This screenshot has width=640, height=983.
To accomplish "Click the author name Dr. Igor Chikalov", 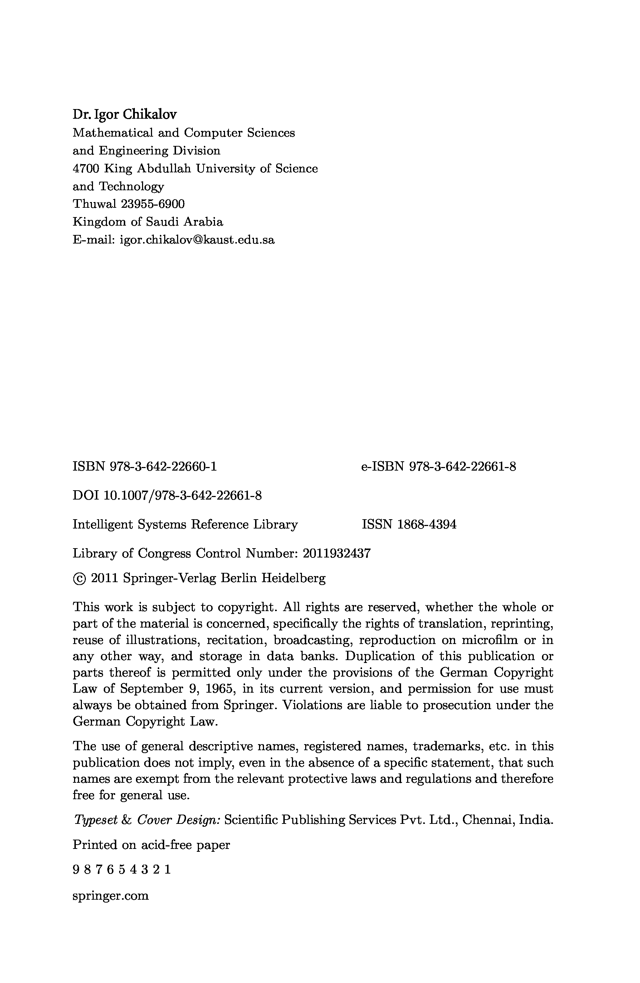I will click(x=124, y=114).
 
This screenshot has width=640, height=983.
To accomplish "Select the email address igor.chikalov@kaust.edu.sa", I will click(x=197, y=240).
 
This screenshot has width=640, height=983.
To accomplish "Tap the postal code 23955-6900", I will click(x=153, y=204).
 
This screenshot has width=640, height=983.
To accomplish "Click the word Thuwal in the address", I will click(x=94, y=204).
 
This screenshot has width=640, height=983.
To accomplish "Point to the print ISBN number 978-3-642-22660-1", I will click(x=163, y=467).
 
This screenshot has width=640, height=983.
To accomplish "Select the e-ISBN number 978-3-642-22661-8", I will click(x=462, y=467).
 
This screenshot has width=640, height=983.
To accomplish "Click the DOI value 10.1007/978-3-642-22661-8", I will click(x=182, y=496).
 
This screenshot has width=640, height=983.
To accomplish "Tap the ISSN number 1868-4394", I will click(x=427, y=525).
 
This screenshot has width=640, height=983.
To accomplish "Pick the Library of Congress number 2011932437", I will click(x=337, y=553).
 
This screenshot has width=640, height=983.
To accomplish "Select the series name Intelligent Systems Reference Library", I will click(x=185, y=525).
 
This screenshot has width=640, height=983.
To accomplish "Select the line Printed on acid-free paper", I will click(x=151, y=845).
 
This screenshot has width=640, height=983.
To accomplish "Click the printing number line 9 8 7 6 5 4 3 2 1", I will click(x=122, y=870).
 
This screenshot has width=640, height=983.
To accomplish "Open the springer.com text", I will click(x=110, y=896).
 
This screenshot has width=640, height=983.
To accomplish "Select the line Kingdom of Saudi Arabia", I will click(x=147, y=222).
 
